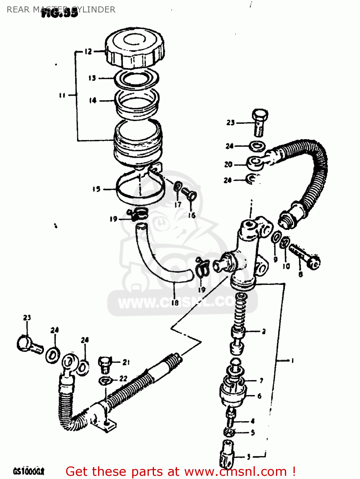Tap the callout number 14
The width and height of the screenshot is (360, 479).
93,101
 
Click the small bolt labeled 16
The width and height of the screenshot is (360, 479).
190,194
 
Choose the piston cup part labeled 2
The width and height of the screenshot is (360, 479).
238,332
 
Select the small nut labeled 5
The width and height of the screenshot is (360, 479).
230,433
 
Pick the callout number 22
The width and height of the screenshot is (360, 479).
123,379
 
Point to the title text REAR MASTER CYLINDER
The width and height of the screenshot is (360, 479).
61,10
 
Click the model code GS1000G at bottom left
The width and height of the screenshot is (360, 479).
28,471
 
